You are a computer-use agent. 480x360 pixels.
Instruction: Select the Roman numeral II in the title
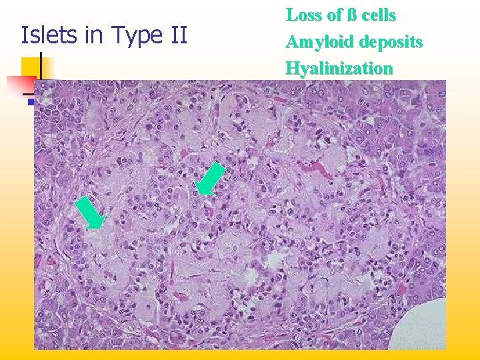[178, 35]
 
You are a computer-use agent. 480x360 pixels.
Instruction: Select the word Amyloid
[320, 42]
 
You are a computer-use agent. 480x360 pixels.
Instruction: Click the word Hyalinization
[339, 68]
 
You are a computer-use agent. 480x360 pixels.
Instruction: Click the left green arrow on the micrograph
[90, 213]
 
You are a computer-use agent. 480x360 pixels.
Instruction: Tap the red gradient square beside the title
[20, 85]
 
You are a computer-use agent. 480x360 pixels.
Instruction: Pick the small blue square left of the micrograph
[31, 102]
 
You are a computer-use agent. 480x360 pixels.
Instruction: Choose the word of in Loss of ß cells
[332, 15]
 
